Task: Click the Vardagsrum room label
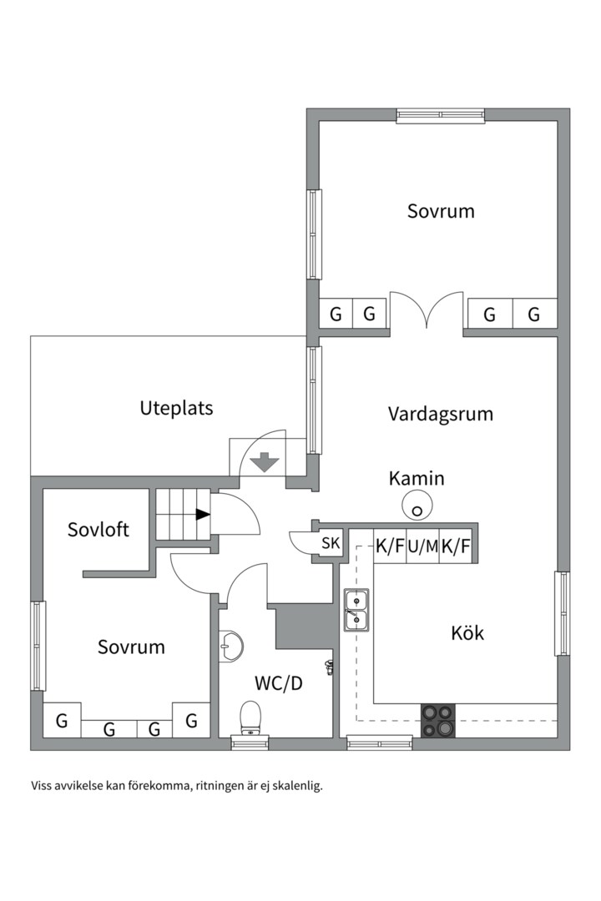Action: point(440,414)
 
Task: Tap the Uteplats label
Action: point(176,408)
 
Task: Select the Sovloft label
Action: point(98,529)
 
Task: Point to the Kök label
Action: point(467,632)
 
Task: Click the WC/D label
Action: point(278,683)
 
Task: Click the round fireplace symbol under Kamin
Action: point(416,504)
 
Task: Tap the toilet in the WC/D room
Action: point(250,717)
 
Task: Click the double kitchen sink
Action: point(356,609)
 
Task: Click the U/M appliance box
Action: point(422,547)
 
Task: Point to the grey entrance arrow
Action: point(265,461)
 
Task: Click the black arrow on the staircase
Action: point(202,515)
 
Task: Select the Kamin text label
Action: point(416,479)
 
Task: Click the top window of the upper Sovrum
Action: point(440,115)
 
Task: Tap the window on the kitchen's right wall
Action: point(563,613)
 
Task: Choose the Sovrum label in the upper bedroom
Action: point(440,211)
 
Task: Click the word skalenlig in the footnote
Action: point(294,785)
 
